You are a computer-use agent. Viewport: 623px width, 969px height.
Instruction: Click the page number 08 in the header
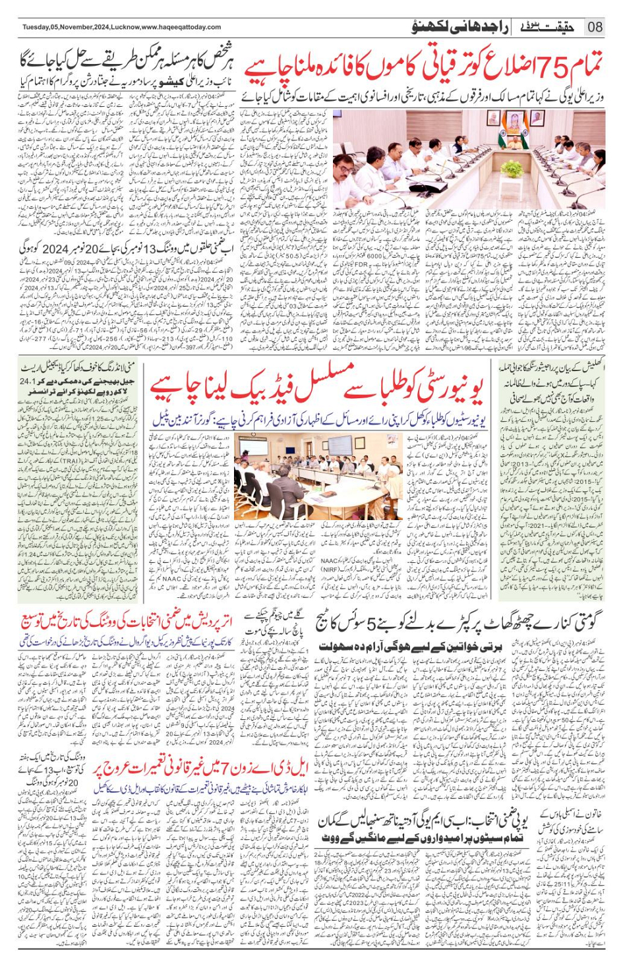coord(595,27)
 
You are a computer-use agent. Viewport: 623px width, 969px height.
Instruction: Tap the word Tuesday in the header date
coord(38,27)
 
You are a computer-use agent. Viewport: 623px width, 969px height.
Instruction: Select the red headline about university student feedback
coord(316,390)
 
